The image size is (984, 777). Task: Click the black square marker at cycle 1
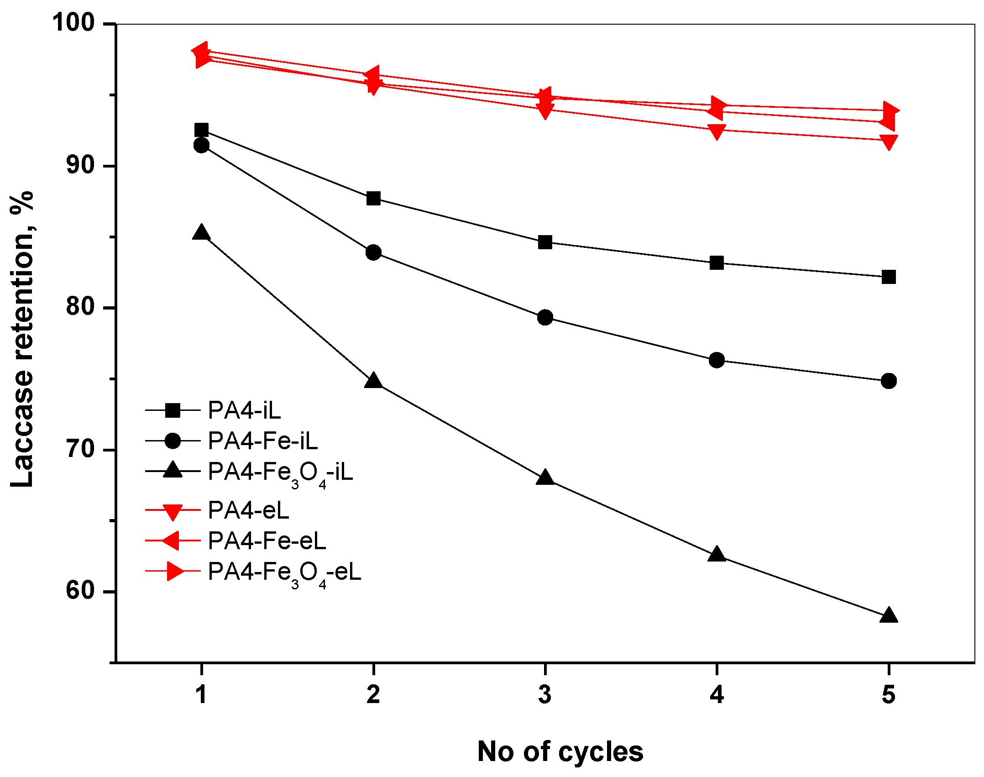click(x=201, y=130)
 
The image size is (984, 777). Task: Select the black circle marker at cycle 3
click(x=545, y=317)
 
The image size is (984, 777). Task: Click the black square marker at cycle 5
click(x=889, y=277)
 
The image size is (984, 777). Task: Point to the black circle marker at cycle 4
click(x=717, y=360)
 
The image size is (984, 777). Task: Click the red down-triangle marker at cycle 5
click(x=889, y=142)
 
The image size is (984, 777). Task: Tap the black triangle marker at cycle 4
click(x=717, y=555)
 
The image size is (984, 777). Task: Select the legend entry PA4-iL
click(x=244, y=410)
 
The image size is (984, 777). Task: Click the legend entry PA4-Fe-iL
click(x=262, y=441)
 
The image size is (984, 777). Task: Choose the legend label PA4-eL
click(x=248, y=510)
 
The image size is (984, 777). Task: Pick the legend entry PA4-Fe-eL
click(x=267, y=541)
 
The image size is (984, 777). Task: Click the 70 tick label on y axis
click(x=80, y=449)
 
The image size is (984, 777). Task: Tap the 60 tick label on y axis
click(x=80, y=591)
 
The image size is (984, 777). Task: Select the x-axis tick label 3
click(x=545, y=694)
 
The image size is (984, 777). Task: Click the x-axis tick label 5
click(x=889, y=694)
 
